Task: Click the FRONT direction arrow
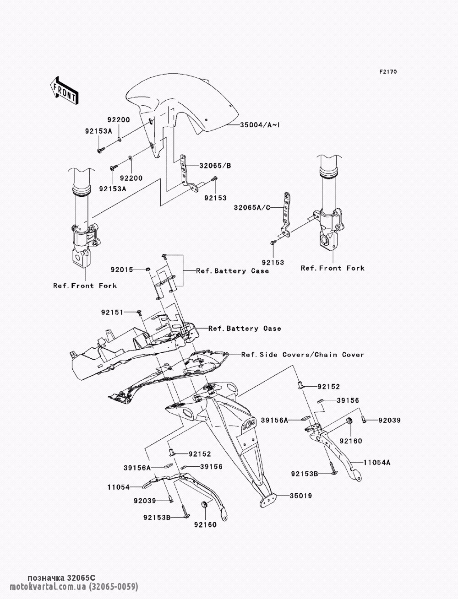[64, 90]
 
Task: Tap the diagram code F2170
[388, 72]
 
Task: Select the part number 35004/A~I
[260, 125]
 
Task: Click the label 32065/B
[215, 166]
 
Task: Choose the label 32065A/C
[252, 208]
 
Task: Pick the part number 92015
[122, 270]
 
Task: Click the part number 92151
[112, 312]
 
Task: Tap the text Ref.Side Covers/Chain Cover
[303, 355]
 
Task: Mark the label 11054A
[377, 463]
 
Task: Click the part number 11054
[118, 487]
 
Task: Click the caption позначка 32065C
[62, 577]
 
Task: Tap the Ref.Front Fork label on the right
[333, 268]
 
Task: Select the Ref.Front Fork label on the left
[85, 286]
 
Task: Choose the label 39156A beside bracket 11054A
[274, 421]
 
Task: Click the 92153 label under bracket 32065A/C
[273, 263]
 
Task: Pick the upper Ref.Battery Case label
[232, 271]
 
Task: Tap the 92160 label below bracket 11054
[205, 525]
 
